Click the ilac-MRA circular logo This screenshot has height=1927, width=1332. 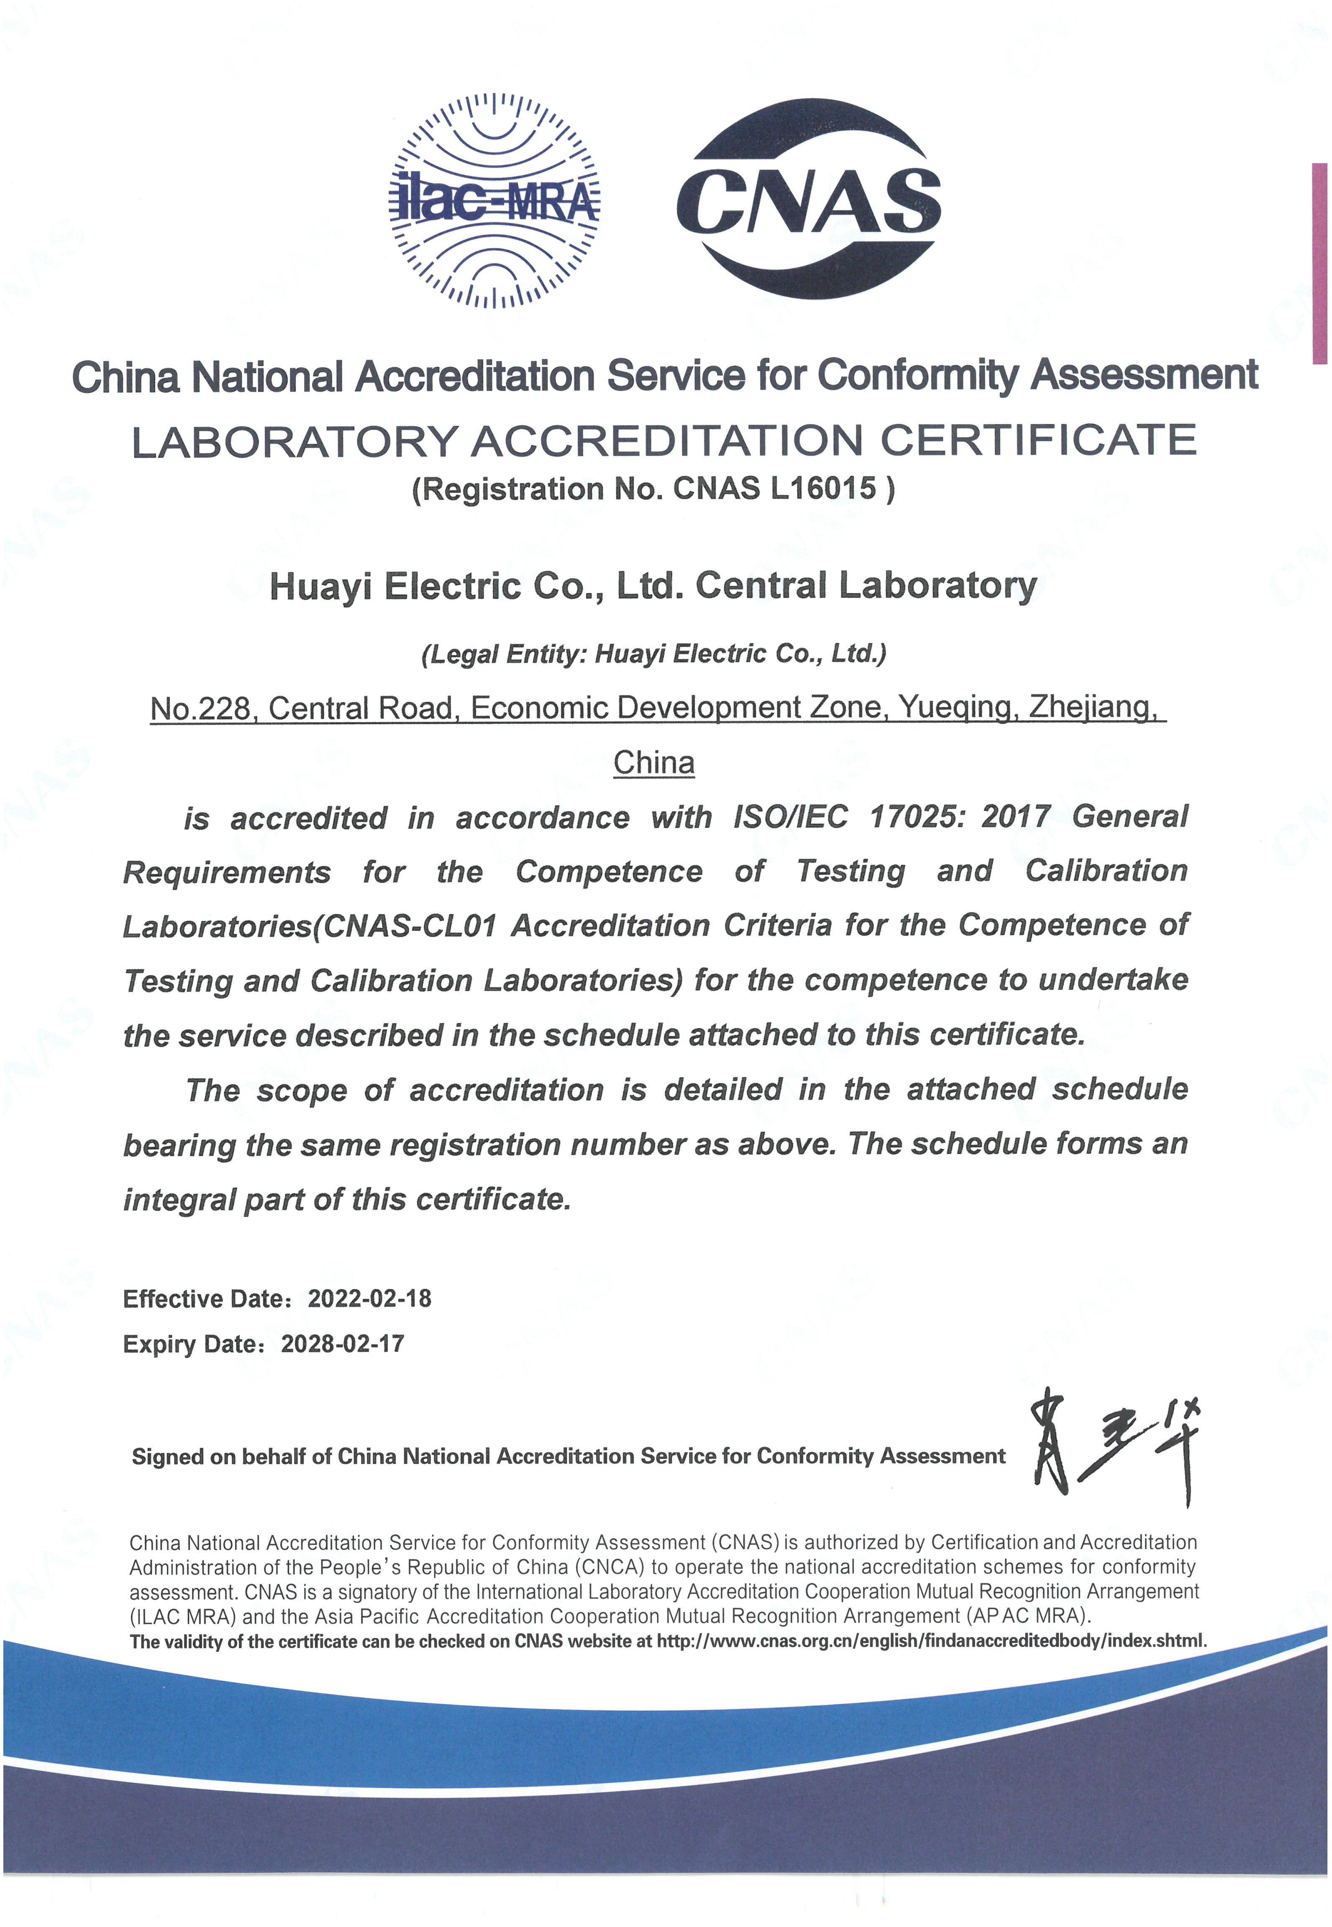pos(494,200)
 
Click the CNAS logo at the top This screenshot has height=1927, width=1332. pos(808,200)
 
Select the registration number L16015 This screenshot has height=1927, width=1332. pos(823,488)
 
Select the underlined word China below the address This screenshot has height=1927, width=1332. pos(653,763)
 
